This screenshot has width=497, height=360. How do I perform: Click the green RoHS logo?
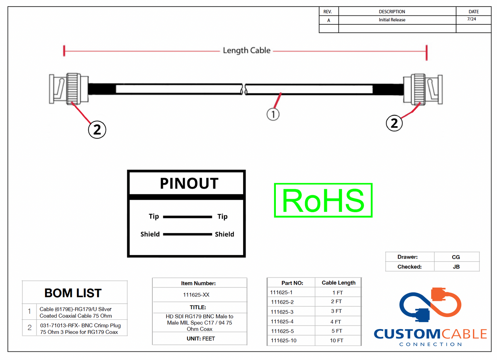(x=323, y=200)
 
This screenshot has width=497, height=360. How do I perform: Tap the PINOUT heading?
(x=189, y=183)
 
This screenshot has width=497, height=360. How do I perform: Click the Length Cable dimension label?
(x=247, y=51)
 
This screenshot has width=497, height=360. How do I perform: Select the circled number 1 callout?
(x=273, y=114)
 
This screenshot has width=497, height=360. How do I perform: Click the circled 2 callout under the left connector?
(x=97, y=130)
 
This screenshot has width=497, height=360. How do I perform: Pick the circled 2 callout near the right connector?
(x=394, y=123)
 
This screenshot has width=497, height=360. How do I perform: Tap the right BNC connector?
(x=423, y=89)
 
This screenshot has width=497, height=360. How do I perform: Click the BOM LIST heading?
(x=73, y=293)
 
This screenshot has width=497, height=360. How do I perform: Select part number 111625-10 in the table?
(x=283, y=340)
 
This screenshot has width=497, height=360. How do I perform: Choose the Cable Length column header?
(x=338, y=283)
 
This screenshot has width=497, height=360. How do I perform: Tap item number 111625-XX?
(x=196, y=295)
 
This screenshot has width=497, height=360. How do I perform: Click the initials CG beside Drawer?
(x=456, y=257)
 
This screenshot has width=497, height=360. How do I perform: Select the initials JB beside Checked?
(x=456, y=266)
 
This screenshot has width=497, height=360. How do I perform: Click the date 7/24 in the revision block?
(x=472, y=19)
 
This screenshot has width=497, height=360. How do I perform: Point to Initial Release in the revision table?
(x=392, y=20)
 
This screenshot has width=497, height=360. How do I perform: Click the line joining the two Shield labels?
(x=187, y=234)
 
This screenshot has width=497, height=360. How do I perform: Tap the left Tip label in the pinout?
(x=154, y=216)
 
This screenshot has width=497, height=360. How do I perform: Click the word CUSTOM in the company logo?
(x=407, y=334)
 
